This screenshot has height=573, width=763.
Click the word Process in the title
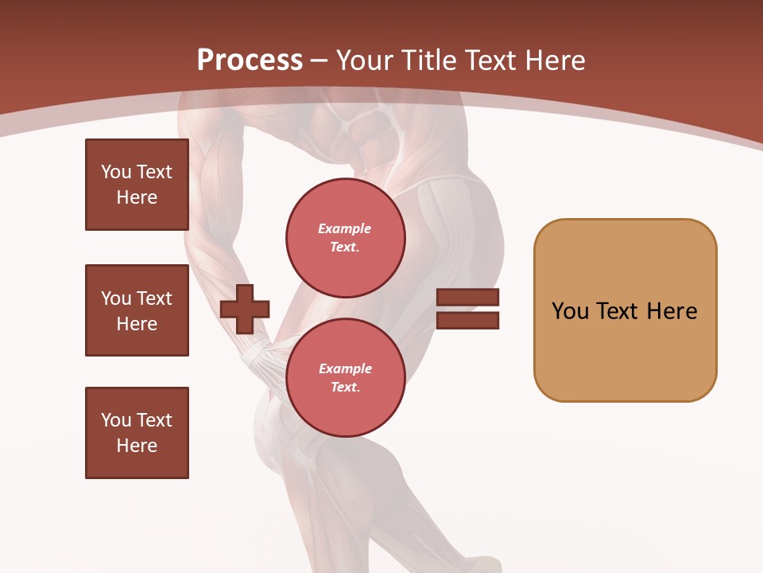click(x=250, y=60)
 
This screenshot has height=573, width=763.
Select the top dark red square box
click(x=137, y=185)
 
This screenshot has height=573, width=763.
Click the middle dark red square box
click(x=137, y=310)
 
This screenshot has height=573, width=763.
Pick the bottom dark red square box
click(x=137, y=433)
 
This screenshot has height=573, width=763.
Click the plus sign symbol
click(x=245, y=309)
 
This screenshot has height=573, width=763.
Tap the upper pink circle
click(x=345, y=237)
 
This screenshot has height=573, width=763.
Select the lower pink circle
click(x=345, y=377)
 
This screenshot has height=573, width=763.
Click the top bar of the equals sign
click(x=467, y=298)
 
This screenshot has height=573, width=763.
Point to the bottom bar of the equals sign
click(x=467, y=320)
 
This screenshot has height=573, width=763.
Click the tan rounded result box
click(x=625, y=310)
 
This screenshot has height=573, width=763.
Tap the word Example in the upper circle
click(x=344, y=228)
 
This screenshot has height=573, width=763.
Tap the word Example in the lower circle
click(x=344, y=368)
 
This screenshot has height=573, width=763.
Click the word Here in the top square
click(x=137, y=197)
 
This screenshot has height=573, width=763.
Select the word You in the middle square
click(x=116, y=298)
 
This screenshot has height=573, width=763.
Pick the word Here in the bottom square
click(x=137, y=446)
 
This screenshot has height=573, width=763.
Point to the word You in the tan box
click(x=570, y=311)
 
